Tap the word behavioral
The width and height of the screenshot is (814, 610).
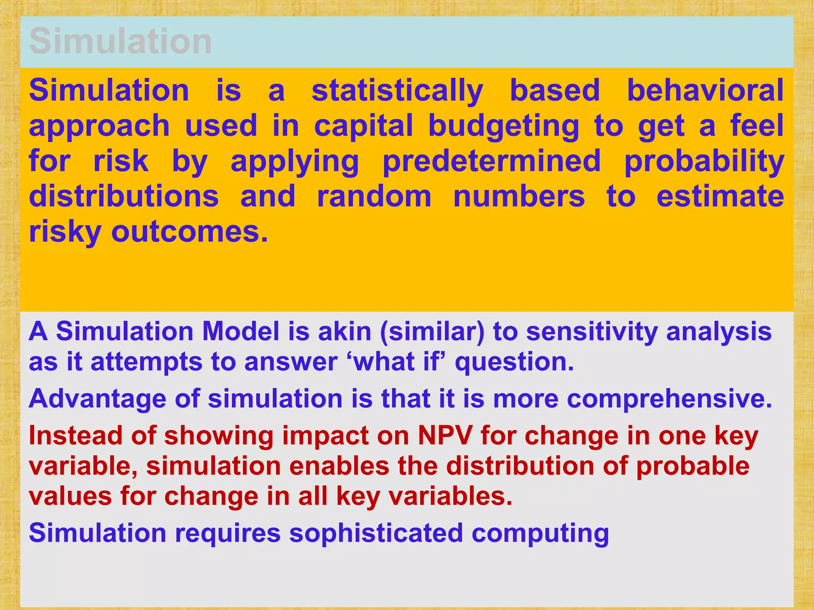(705, 90)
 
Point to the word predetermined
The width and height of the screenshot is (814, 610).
(492, 161)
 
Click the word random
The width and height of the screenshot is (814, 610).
(374, 197)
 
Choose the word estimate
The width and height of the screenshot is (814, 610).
(720, 197)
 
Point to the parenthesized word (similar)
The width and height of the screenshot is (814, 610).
(432, 332)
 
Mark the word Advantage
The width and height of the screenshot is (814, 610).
(97, 399)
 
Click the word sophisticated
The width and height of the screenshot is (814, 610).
(376, 533)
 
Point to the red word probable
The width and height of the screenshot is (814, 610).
(692, 466)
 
